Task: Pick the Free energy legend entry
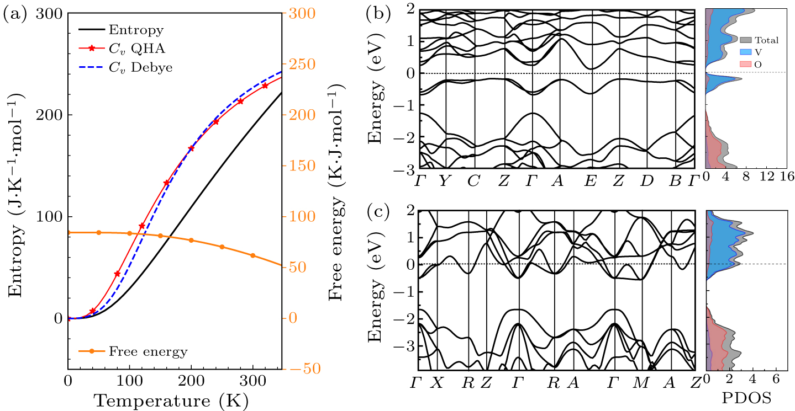coord(148,351)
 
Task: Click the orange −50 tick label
coord(300,369)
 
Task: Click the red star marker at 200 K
coord(191,148)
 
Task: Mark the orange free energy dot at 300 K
coord(253,255)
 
